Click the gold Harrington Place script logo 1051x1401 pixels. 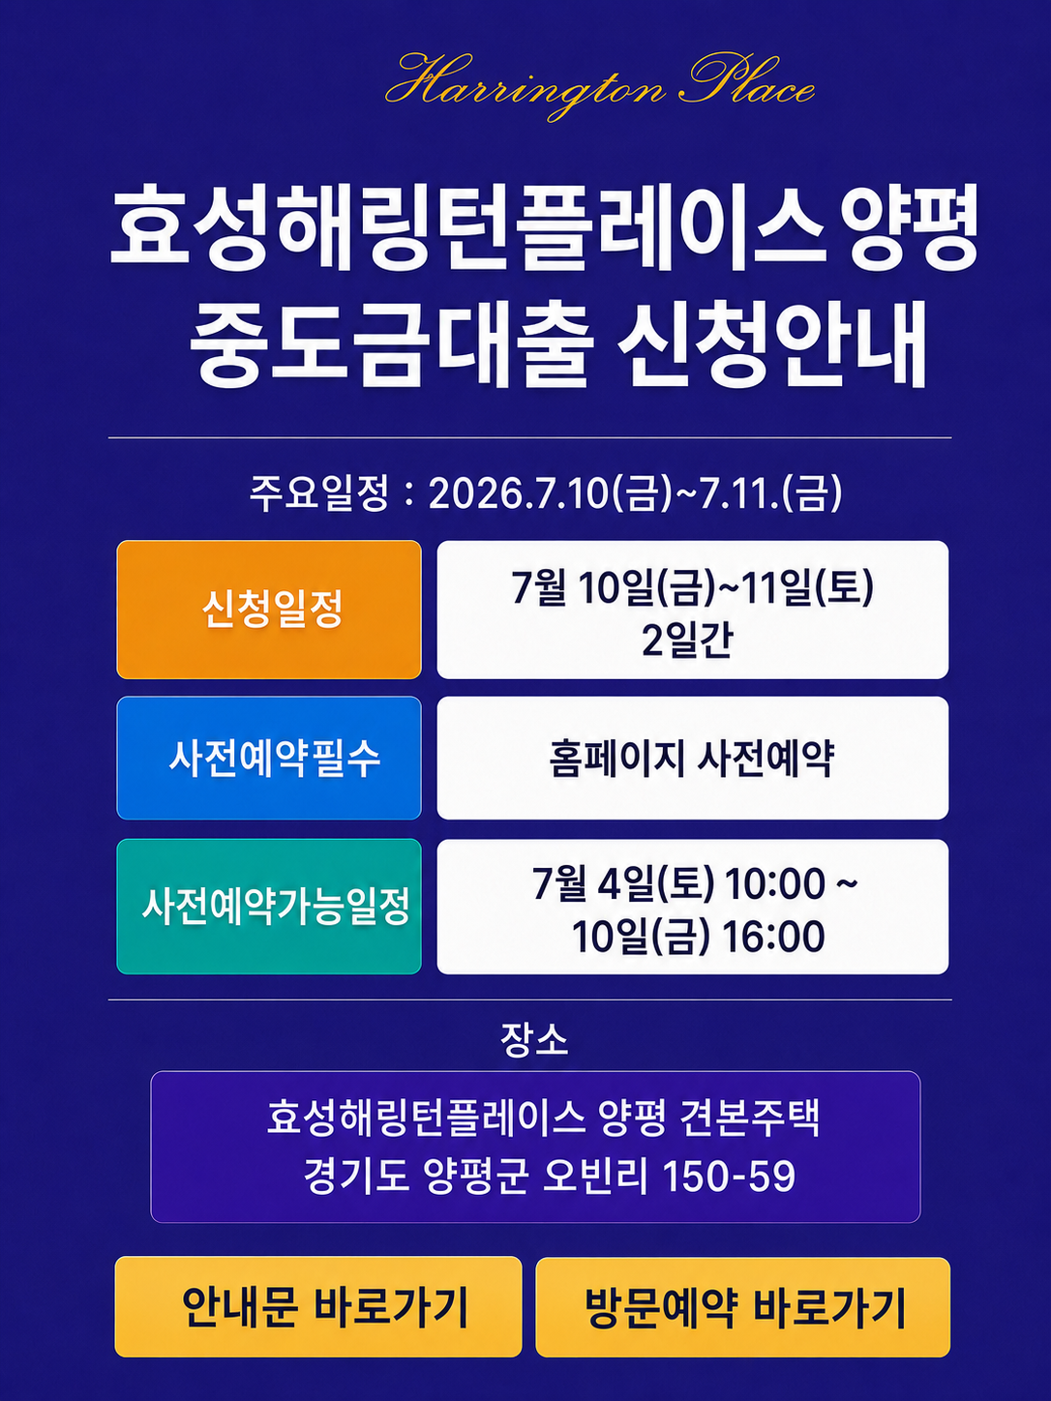pos(599,86)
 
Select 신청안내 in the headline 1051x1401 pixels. pos(771,345)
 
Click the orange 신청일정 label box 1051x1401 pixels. pos(269,610)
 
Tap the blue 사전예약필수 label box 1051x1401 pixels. pos(269,758)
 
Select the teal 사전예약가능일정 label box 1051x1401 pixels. pos(269,906)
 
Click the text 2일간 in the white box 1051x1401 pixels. pos(688,641)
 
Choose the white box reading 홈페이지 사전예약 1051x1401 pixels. pos(692,758)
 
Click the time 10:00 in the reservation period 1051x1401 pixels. pos(774,884)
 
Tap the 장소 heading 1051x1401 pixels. pos(534,1040)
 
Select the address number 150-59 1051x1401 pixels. pos(728,1175)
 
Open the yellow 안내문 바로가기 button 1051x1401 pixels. pos(318,1306)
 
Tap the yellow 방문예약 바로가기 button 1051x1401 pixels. pos(743,1306)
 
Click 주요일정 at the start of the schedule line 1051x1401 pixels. pos(318,493)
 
